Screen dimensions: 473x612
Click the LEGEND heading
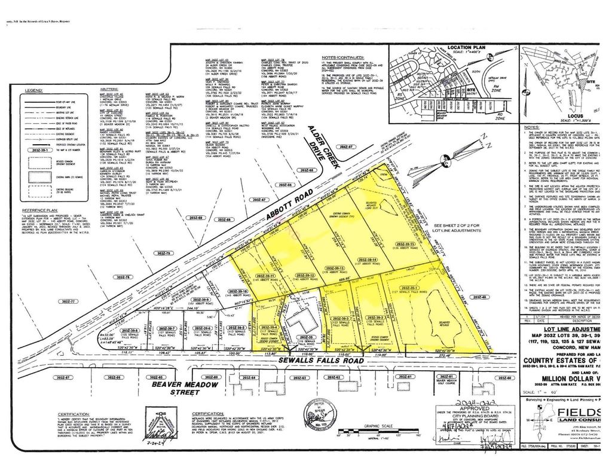click(x=33, y=90)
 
